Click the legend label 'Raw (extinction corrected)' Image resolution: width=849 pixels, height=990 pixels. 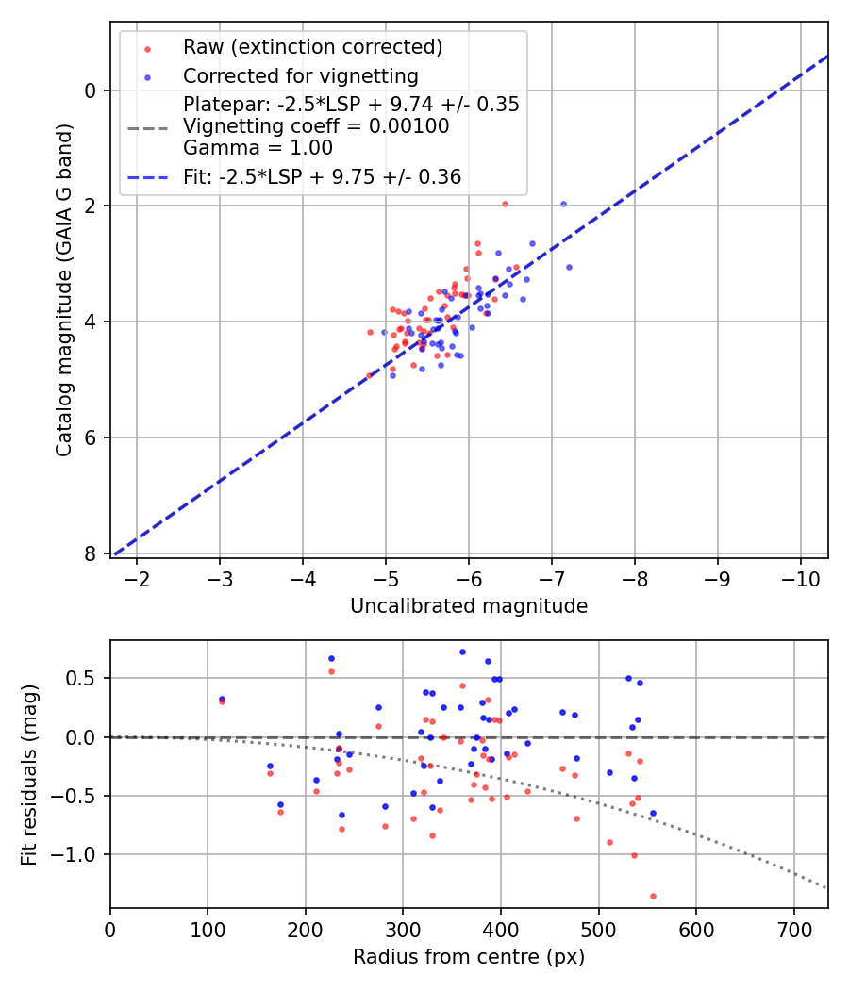[312, 47]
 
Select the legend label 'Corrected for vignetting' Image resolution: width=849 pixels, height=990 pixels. [300, 75]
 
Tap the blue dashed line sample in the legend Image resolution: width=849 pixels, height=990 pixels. [147, 176]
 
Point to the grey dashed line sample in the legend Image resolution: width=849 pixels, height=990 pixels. [147, 126]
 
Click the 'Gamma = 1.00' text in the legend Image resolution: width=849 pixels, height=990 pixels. [258, 148]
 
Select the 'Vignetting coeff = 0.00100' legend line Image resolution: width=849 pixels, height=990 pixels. [316, 126]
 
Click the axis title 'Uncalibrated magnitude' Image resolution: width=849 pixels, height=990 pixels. [469, 606]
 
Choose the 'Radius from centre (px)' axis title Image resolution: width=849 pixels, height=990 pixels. [469, 957]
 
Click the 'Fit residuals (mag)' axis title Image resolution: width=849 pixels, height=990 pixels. [29, 774]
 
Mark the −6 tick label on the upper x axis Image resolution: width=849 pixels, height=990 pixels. [469, 578]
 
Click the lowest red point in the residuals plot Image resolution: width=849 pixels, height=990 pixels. [653, 896]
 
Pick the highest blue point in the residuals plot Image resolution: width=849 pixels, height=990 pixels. [462, 652]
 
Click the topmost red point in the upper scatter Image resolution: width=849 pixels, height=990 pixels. [505, 204]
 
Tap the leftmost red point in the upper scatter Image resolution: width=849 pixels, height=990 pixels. [369, 375]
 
